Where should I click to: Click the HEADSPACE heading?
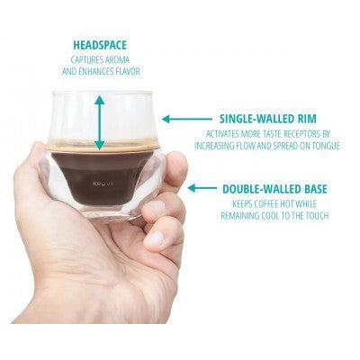click(100, 45)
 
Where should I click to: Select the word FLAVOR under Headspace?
click(128, 72)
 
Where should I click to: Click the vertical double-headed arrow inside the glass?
click(100, 122)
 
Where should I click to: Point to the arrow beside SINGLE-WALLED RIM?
click(187, 119)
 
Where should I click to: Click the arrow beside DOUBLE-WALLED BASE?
click(202, 188)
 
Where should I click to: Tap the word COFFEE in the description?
click(266, 204)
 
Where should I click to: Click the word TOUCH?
click(314, 216)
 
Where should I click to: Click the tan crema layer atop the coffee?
click(103, 145)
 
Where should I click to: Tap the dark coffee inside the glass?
click(102, 177)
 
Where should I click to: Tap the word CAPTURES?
click(84, 59)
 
